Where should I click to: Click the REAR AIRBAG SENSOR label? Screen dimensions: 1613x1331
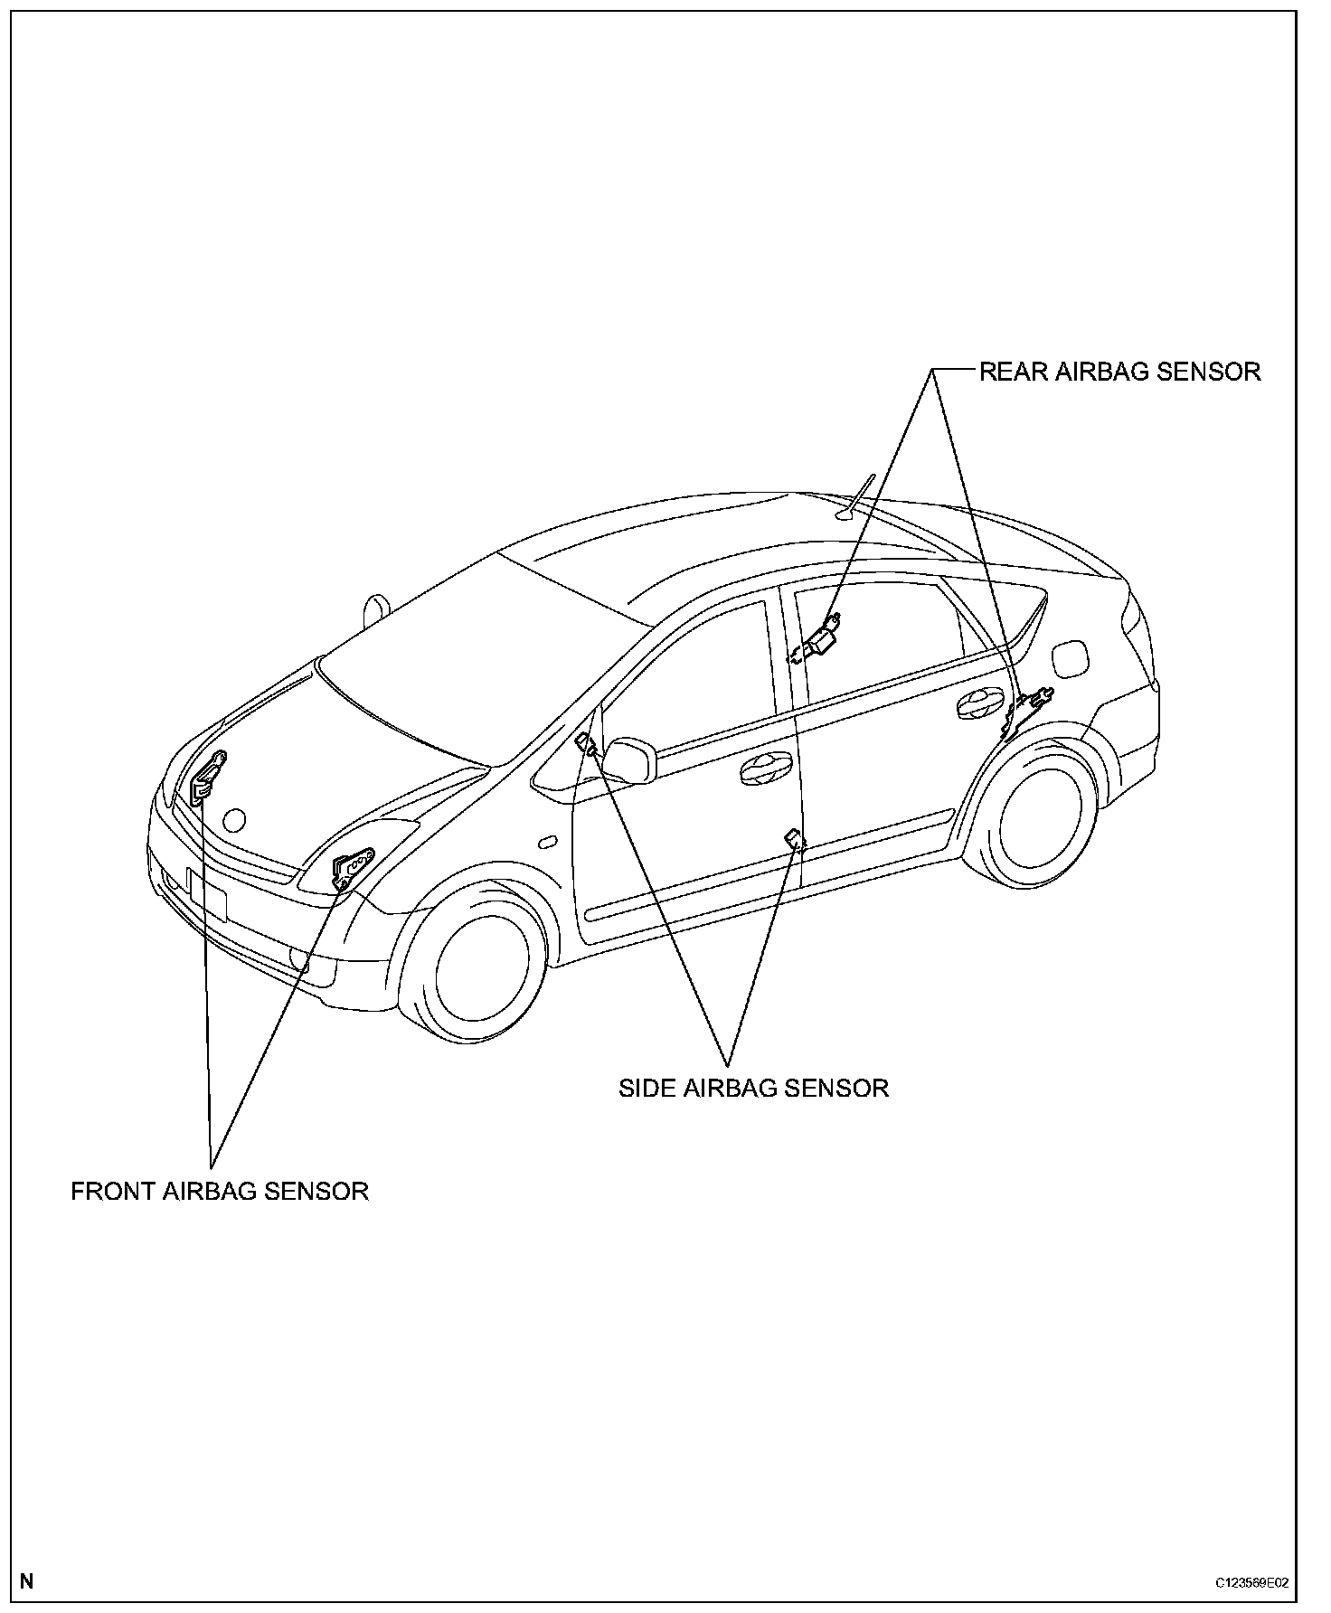(1119, 372)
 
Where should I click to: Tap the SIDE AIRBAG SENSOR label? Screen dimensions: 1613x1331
(753, 1088)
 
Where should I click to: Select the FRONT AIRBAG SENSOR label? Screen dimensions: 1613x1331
(220, 1191)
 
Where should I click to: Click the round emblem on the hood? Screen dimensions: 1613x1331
(234, 820)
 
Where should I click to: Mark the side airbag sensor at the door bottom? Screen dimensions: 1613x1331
(796, 840)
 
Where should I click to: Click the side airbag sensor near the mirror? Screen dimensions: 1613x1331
(586, 745)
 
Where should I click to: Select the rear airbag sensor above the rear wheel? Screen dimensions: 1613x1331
(1030, 703)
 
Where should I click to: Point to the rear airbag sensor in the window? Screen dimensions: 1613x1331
(819, 639)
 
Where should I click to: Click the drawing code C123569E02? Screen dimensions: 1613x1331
(1251, 1583)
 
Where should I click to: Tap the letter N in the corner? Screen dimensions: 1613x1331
(27, 1581)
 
